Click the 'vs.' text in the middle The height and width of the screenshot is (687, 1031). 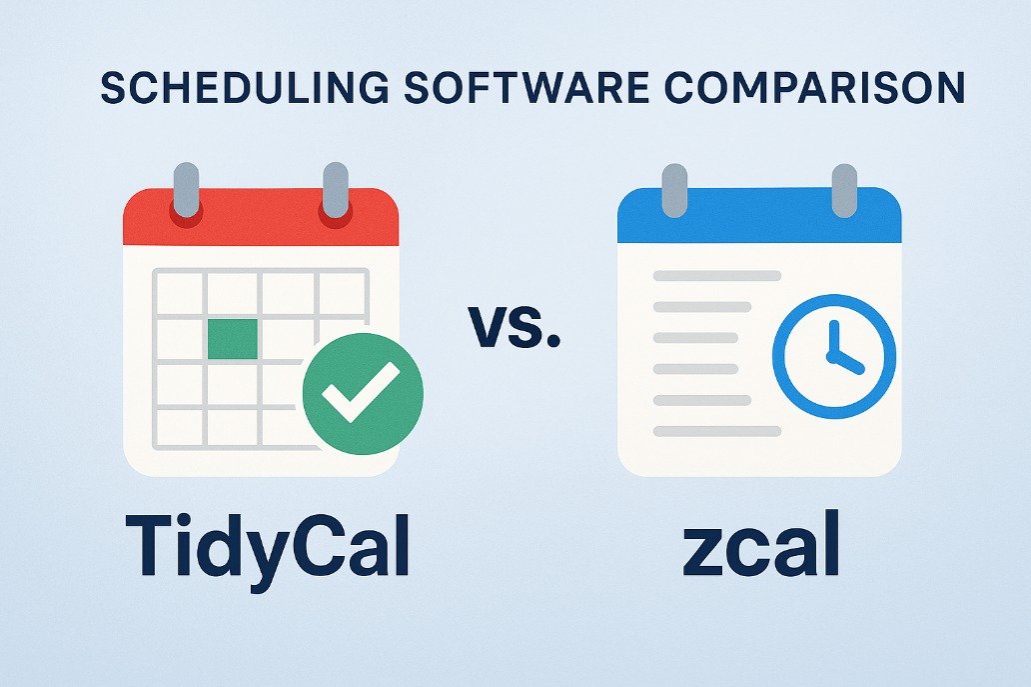pos(515,326)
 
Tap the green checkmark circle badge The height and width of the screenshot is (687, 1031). pos(363,394)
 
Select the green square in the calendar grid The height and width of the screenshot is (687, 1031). pos(232,339)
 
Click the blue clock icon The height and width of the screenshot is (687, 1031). pos(834,356)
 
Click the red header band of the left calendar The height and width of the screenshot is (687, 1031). pos(261,217)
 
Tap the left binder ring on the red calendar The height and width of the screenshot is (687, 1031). pos(186,190)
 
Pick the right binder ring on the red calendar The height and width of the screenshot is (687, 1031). pos(336,190)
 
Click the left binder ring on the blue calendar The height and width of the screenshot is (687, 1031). pos(674,191)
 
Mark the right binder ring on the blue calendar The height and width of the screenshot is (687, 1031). pos(844,191)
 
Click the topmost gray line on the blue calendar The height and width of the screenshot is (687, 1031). pos(717,276)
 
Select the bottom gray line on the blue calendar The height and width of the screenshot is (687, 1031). pos(717,432)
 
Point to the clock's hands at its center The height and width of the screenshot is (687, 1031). pos(835,355)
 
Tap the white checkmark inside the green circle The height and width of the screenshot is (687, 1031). pos(361,392)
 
